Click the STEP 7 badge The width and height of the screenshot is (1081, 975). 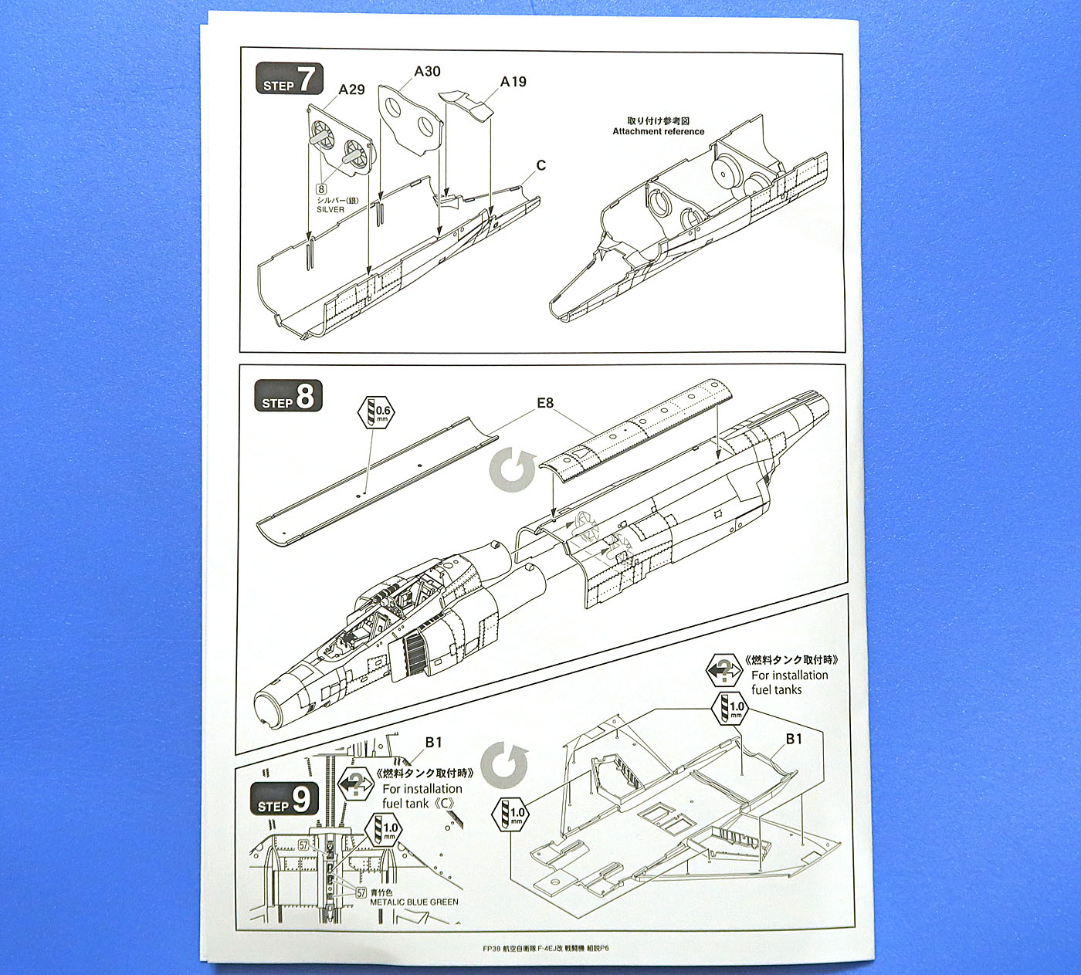pos(289,80)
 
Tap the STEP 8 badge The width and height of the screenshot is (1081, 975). pos(287,398)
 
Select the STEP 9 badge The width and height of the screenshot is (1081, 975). pos(284,800)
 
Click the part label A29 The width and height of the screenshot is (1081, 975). pos(351,90)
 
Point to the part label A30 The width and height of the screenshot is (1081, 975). pos(427,72)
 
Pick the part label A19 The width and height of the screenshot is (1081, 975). pos(513,82)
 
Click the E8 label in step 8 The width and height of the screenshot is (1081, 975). pos(545,403)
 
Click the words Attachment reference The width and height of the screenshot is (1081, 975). pos(659,131)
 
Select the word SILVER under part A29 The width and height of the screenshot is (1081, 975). pos(330,209)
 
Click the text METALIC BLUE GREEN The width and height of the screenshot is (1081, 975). pos(414,902)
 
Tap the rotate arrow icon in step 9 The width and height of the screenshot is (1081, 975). pos(504,764)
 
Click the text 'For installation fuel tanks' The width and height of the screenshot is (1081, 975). pos(789,682)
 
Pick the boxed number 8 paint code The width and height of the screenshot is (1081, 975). pos(320,188)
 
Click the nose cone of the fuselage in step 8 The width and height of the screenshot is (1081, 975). pos(270,702)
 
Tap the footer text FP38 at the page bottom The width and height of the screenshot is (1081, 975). pos(491,948)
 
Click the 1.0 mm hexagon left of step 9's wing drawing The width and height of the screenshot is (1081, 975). pos(515,813)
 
